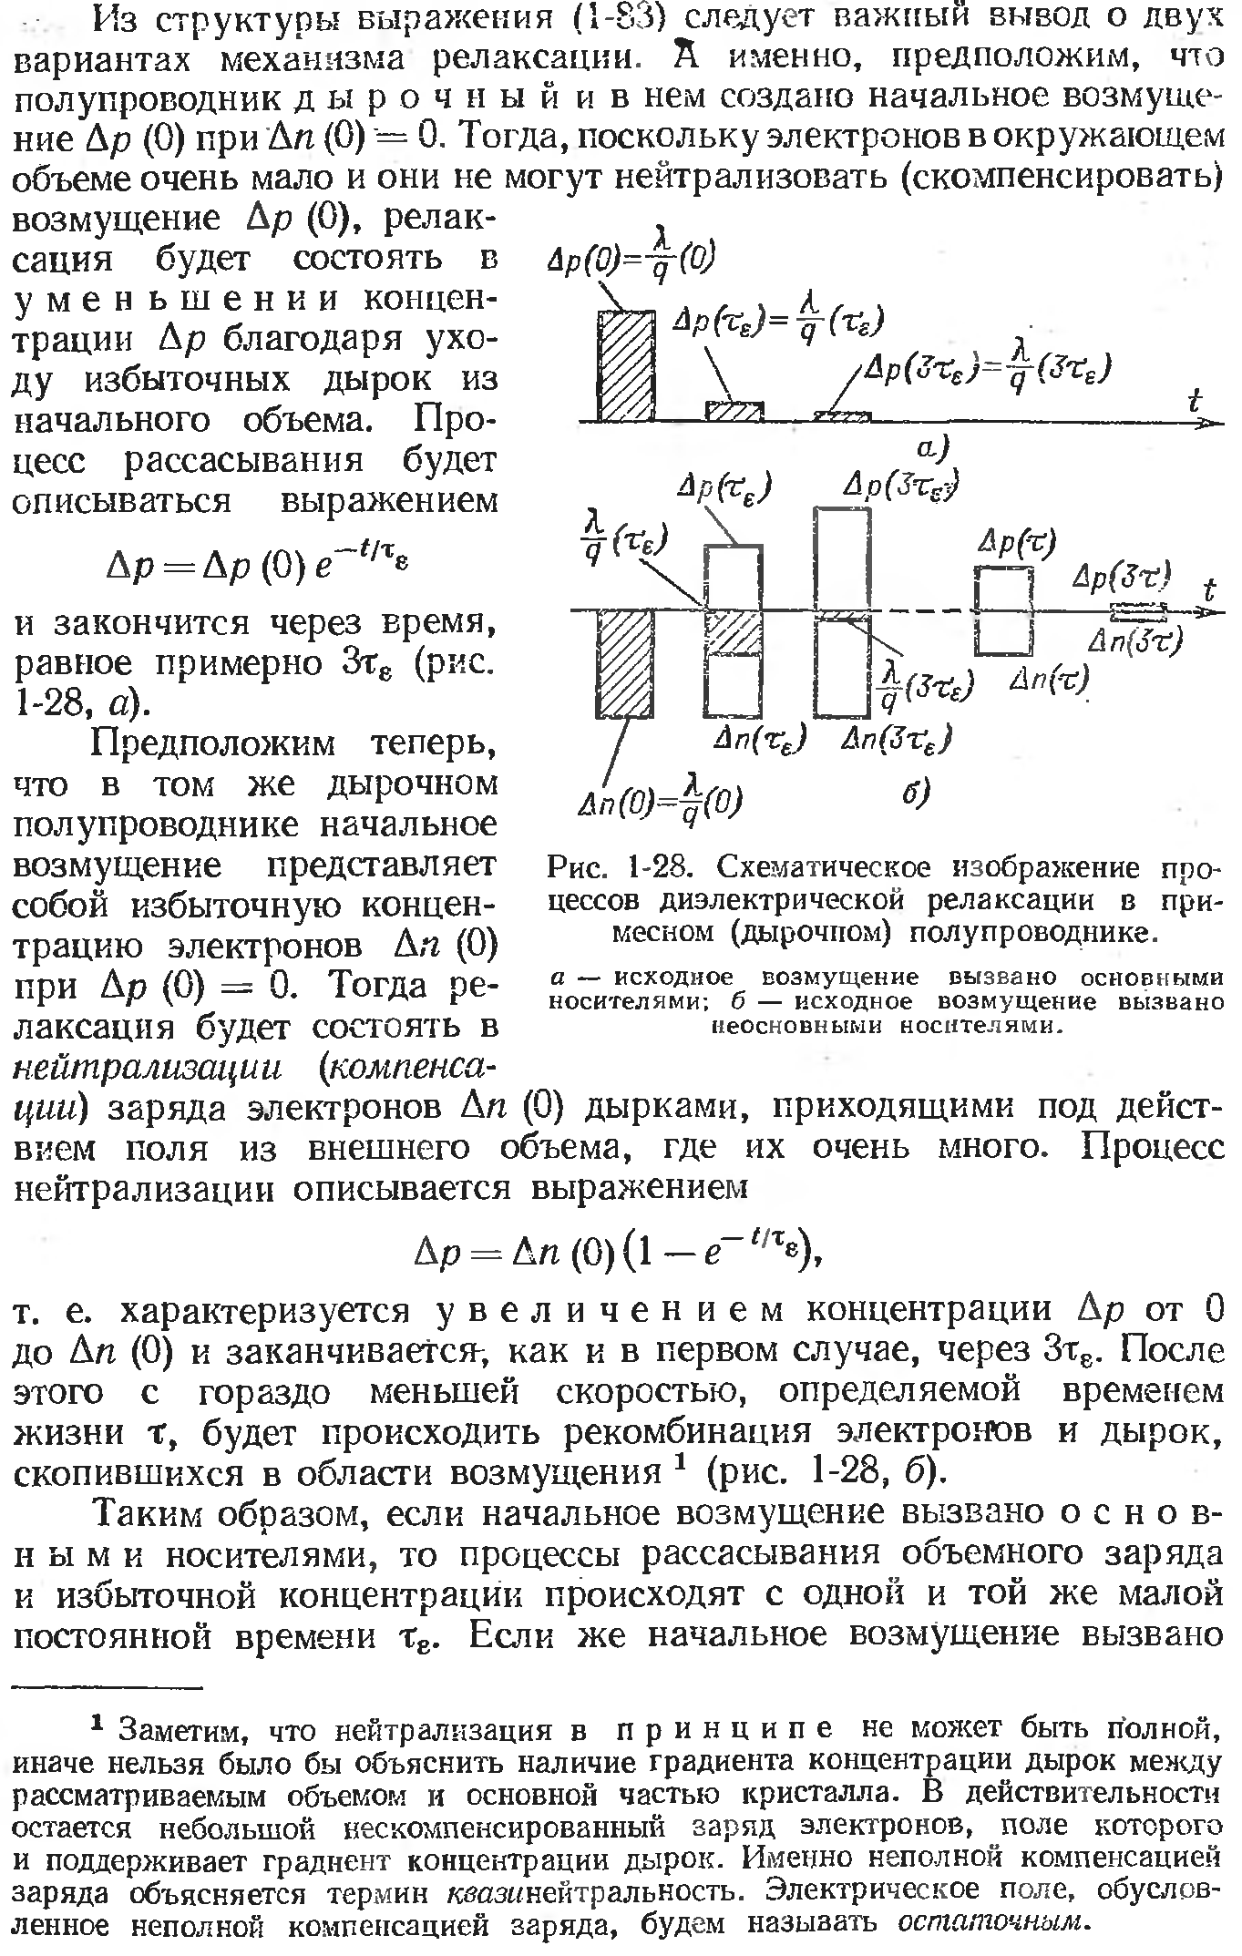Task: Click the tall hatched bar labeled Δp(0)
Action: click(626, 365)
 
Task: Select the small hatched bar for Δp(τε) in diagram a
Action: click(734, 411)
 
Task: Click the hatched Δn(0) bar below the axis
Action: click(626, 665)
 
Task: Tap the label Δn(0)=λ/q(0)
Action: click(662, 802)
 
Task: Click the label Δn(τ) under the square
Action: click(1049, 679)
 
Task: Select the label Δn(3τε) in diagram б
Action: click(897, 739)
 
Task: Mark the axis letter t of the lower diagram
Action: click(1208, 589)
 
